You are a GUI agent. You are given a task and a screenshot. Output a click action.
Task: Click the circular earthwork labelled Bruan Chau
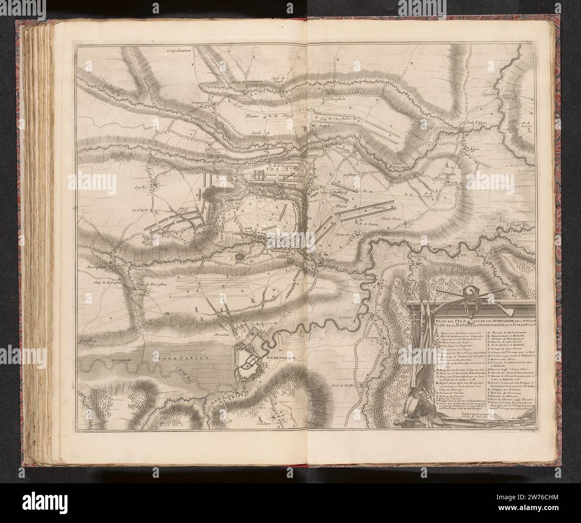click(240, 258)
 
